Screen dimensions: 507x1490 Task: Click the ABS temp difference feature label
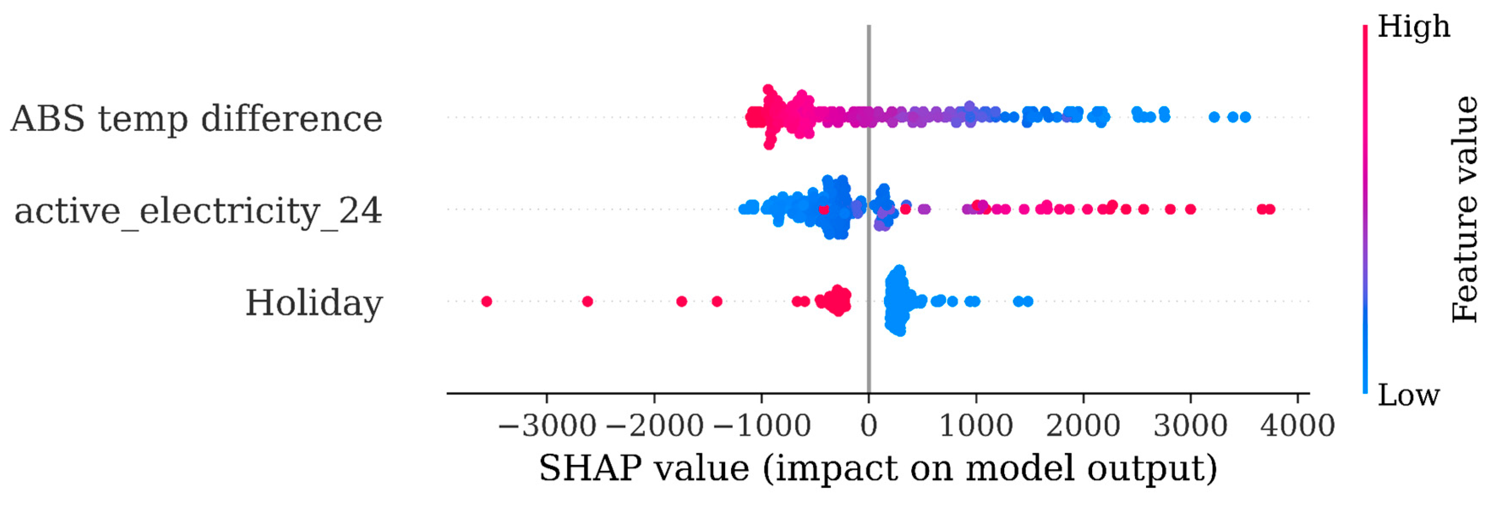click(197, 119)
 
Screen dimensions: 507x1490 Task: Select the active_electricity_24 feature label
click(198, 211)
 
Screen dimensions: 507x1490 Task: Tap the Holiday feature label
click(314, 303)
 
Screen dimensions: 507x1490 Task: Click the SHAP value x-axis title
click(878, 468)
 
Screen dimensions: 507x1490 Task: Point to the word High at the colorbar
click(1414, 26)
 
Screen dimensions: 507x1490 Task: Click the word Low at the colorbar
click(1408, 395)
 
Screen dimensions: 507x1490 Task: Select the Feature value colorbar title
click(1464, 210)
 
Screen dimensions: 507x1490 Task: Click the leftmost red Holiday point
click(487, 302)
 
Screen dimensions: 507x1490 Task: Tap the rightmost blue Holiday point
click(1028, 302)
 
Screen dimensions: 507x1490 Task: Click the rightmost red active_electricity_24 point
click(1270, 210)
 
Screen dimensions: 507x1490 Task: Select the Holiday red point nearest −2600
click(588, 302)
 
